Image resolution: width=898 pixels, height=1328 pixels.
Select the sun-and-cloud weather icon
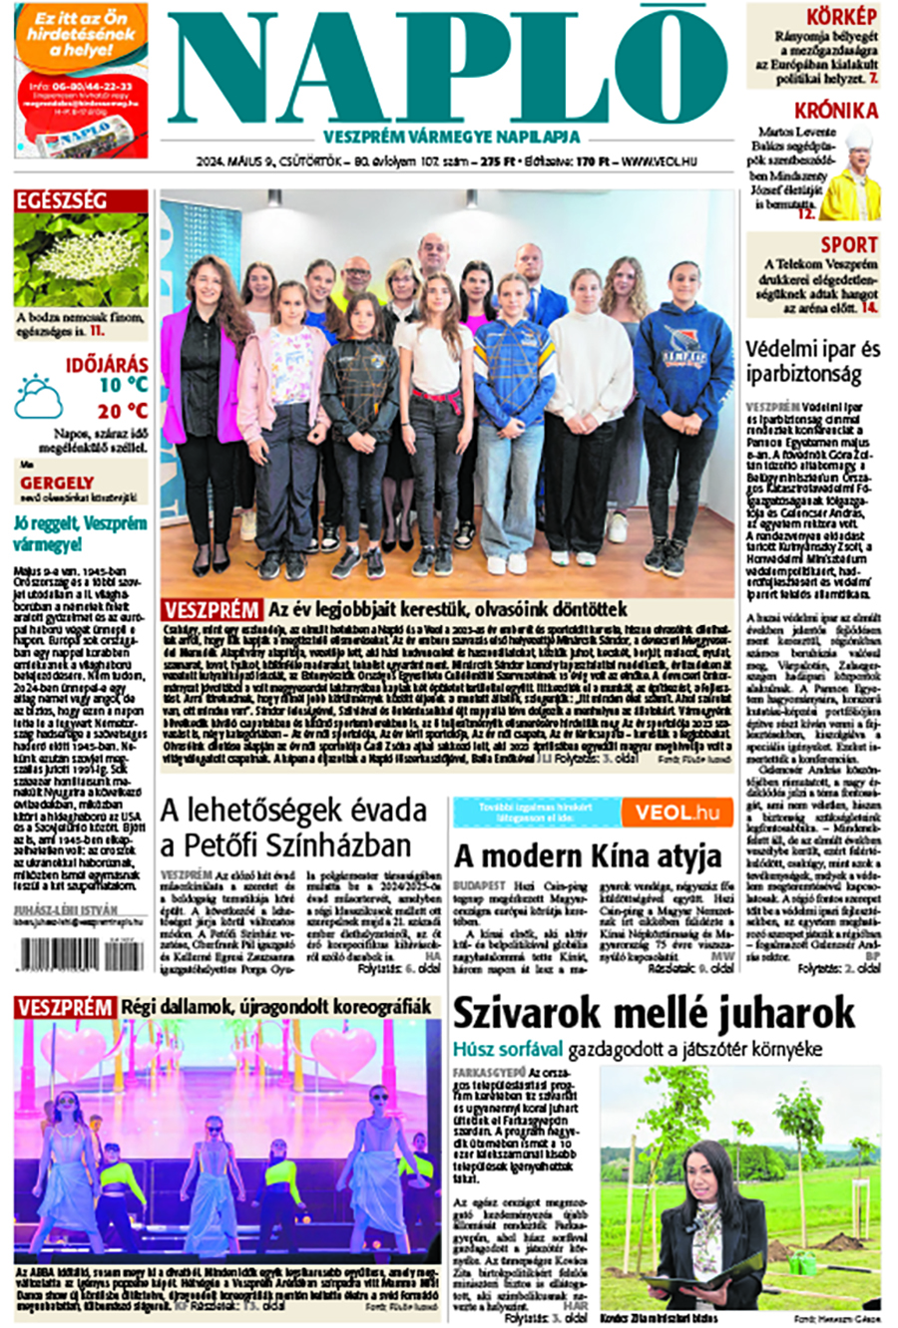(x=38, y=397)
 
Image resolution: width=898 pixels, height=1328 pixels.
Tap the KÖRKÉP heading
(x=842, y=17)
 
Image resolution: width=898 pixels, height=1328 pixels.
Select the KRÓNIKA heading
(x=836, y=111)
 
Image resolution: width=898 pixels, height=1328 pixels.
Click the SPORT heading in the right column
(x=849, y=244)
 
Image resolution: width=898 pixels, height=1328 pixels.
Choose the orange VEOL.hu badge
(x=677, y=813)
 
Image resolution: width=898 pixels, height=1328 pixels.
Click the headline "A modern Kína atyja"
(x=588, y=855)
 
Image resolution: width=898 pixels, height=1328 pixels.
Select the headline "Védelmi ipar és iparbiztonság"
(x=813, y=362)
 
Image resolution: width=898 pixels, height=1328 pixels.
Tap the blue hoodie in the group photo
(x=683, y=369)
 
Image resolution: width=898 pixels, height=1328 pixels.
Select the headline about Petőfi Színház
(x=285, y=828)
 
